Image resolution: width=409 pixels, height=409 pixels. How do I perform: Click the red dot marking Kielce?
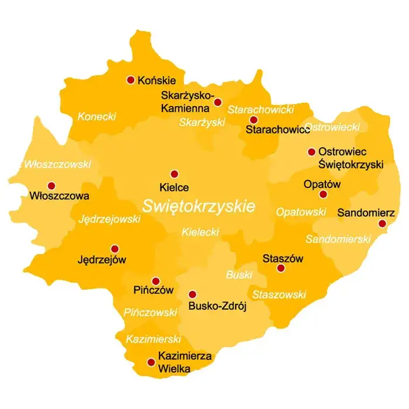pos(174,174)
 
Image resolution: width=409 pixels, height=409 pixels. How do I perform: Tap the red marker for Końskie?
pos(130,80)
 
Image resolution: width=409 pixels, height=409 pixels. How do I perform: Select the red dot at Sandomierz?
pos(382,223)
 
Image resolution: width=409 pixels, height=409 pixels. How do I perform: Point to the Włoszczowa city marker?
pos(51,185)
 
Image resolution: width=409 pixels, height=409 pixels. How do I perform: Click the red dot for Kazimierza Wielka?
pos(151,362)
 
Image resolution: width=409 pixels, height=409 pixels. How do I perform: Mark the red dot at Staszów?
pos(280,268)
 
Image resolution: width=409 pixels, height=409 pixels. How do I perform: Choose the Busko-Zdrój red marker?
pos(192,294)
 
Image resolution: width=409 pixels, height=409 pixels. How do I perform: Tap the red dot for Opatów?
pos(322,194)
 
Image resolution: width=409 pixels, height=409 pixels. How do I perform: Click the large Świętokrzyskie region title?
pos(199,206)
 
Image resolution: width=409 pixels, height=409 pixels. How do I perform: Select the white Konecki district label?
pos(96,116)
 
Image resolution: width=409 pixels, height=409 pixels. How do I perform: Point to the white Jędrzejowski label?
pos(109,219)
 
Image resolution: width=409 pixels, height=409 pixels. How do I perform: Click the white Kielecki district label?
pos(200,232)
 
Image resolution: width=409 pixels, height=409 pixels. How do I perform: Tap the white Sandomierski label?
pos(338,239)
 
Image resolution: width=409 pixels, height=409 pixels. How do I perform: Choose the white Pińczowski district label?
pos(150,313)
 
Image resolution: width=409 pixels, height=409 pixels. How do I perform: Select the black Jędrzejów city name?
pos(102,259)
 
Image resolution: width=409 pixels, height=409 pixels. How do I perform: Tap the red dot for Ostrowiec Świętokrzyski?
pos(311,152)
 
